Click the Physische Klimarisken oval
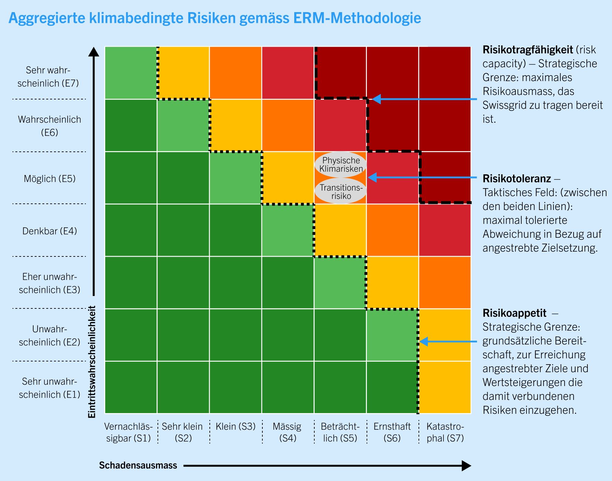(x=341, y=165)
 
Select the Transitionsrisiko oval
(x=341, y=192)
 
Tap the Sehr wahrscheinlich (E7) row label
(x=48, y=77)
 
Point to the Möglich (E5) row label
(x=49, y=179)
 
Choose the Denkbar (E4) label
(x=49, y=231)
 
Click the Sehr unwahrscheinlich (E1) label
(x=49, y=388)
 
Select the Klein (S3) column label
(x=235, y=426)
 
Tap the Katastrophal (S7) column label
(x=445, y=432)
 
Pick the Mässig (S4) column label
(x=287, y=432)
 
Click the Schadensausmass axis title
(x=138, y=465)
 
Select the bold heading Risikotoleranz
(x=516, y=179)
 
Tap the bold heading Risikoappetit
(x=514, y=313)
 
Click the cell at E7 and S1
(x=131, y=73)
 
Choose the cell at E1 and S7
(x=445, y=387)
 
